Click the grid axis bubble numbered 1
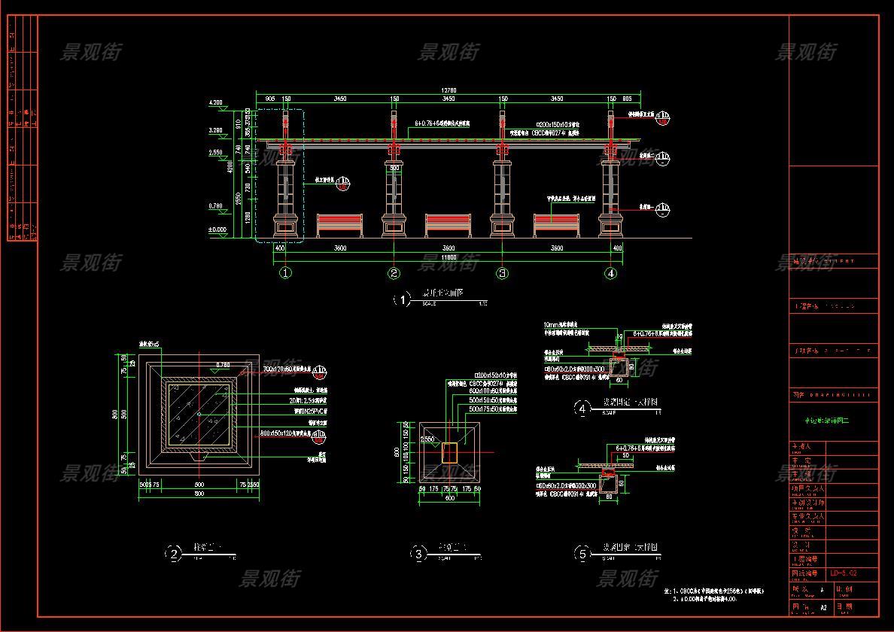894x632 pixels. [x=286, y=273]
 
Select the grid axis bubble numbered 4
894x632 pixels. [x=611, y=273]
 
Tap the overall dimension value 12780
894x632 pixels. [x=448, y=91]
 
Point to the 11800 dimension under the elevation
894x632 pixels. [x=448, y=257]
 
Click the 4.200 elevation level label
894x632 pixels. [x=215, y=102]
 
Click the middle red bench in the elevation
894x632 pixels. [x=448, y=223]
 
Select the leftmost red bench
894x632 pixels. [x=339, y=223]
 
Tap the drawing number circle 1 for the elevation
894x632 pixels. [x=402, y=300]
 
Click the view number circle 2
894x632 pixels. [x=174, y=555]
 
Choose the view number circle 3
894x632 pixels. [x=418, y=555]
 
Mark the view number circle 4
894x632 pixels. [x=582, y=409]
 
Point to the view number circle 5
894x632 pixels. [x=582, y=555]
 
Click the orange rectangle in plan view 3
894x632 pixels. [x=449, y=452]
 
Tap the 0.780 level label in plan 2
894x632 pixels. [x=223, y=365]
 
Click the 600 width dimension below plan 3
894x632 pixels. [x=449, y=497]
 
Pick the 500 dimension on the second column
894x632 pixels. [x=394, y=168]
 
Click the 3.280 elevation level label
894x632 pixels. [x=215, y=130]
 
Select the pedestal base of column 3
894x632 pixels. [x=503, y=225]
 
